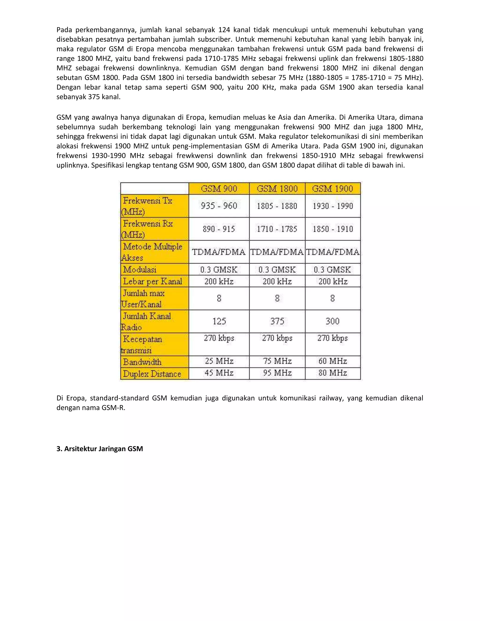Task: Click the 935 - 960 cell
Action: coord(219,206)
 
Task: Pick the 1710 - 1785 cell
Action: coord(277,229)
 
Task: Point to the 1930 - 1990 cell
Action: coord(333,206)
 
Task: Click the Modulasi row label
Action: coord(140,269)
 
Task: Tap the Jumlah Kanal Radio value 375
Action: coord(277,321)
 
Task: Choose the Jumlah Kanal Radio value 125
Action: coord(219,321)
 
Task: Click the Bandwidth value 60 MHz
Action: coord(333,361)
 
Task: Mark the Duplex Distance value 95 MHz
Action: coord(277,373)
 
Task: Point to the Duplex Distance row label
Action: coord(152,374)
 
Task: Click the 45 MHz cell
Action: coord(219,373)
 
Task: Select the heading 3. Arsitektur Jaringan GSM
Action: coord(100,449)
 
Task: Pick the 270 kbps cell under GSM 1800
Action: coord(277,338)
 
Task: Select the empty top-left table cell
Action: coord(154,188)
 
